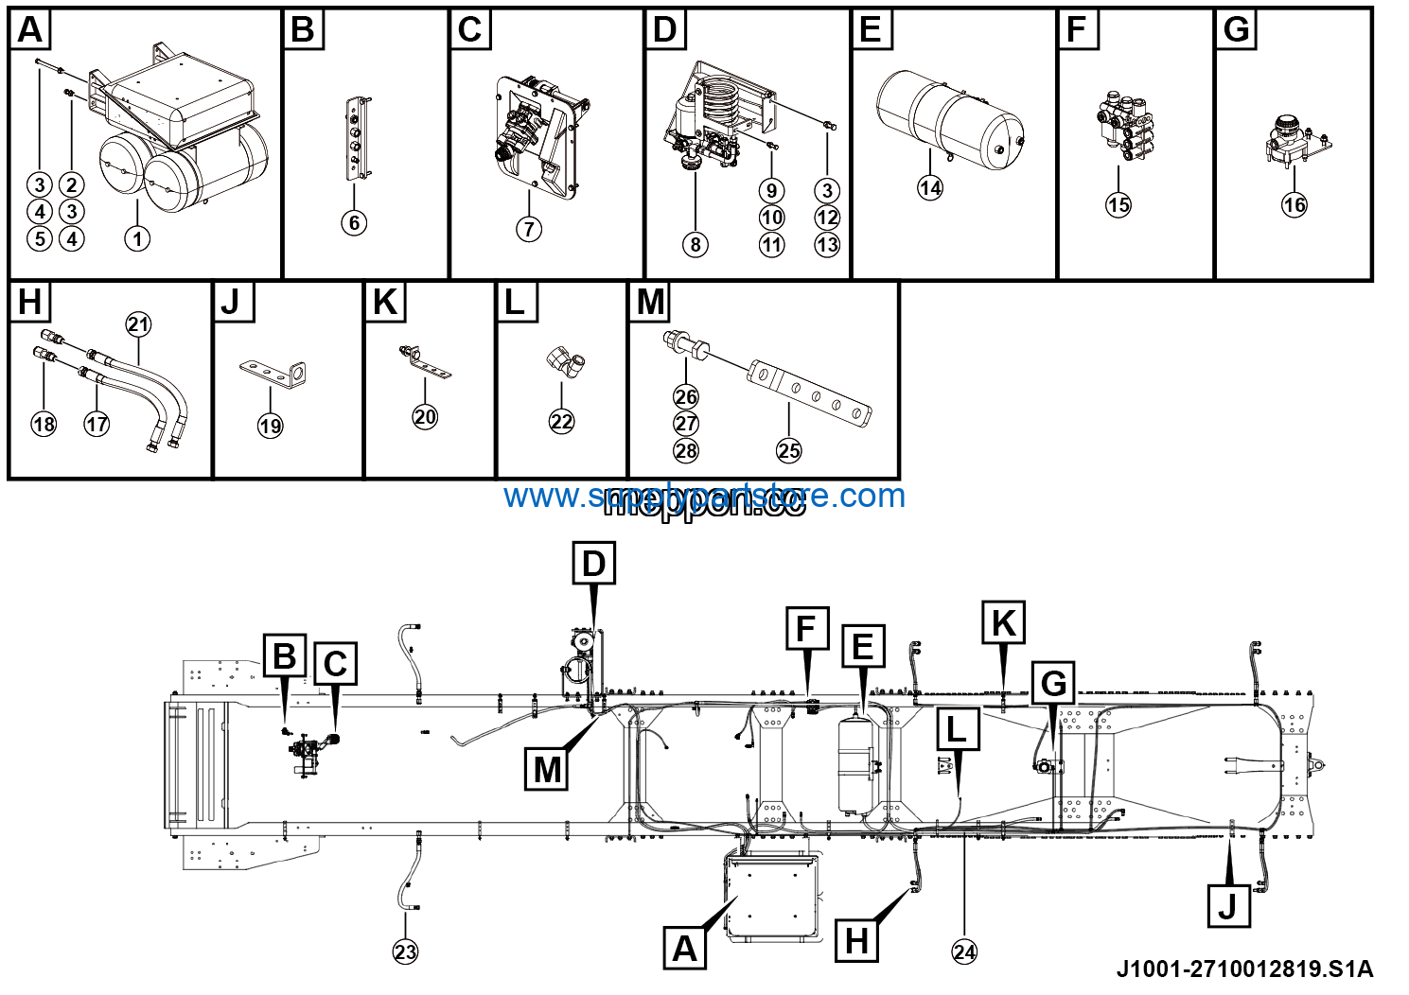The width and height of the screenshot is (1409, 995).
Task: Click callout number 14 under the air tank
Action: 930,187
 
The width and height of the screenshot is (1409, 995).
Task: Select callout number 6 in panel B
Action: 354,223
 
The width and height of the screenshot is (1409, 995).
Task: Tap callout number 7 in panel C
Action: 529,228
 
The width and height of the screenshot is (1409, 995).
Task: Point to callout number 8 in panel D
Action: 696,245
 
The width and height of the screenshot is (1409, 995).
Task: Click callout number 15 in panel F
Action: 1118,204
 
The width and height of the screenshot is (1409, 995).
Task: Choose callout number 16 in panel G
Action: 1294,204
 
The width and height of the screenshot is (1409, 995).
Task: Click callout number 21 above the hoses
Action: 138,324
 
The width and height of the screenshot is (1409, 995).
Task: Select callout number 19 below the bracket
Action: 271,426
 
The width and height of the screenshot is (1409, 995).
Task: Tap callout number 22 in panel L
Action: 561,422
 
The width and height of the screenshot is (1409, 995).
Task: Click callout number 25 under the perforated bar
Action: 788,451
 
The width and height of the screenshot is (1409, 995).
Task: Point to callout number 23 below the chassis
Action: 405,951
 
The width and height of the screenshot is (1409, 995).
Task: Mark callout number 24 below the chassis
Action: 964,951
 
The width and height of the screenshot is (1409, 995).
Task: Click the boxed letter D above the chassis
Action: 593,564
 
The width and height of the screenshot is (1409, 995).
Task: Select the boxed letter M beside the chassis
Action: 547,769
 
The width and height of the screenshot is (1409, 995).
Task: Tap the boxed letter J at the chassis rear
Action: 1228,906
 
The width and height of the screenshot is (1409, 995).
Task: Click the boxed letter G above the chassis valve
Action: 1053,683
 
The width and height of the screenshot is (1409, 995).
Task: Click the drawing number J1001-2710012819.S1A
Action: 1244,969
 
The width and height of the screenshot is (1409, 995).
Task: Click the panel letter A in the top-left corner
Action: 30,30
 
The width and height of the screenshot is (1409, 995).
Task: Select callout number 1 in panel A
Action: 137,238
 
